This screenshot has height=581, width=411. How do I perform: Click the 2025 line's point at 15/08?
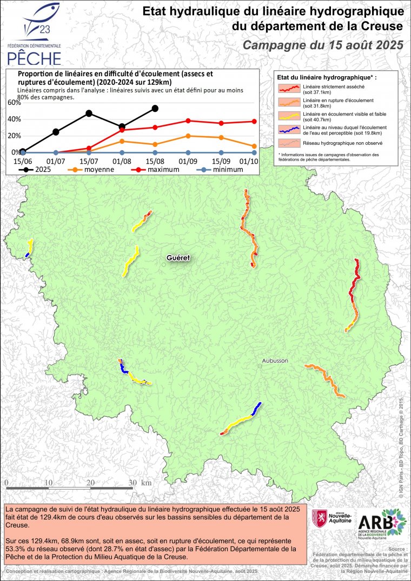pyautogui.click(x=155, y=108)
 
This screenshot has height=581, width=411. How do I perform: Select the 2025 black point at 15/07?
pyautogui.click(x=89, y=113)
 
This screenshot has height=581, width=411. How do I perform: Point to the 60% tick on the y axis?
pyautogui.click(x=14, y=102)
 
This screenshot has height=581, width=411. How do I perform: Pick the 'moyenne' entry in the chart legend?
pyautogui.click(x=92, y=169)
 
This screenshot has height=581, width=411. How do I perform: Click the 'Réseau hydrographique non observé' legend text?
pyautogui.click(x=336, y=143)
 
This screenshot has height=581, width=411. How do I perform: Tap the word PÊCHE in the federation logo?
pyautogui.click(x=34, y=57)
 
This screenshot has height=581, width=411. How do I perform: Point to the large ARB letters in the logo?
pyautogui.click(x=373, y=524)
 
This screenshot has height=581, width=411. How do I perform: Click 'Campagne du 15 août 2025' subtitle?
pyautogui.click(x=323, y=45)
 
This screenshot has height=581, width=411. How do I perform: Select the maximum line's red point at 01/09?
pyautogui.click(x=188, y=121)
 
